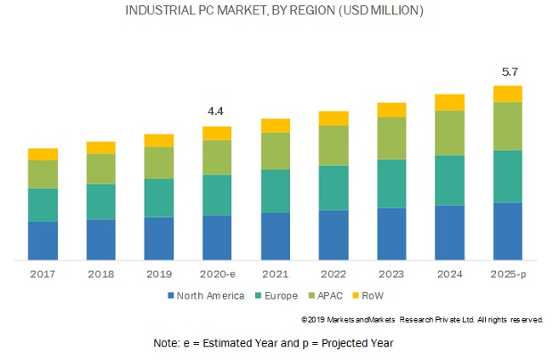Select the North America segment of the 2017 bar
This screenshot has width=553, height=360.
coord(43,240)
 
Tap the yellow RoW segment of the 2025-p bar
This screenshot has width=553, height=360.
coord(507,94)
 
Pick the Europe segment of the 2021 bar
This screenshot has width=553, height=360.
coord(276,191)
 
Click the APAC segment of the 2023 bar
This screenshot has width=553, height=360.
coord(391,138)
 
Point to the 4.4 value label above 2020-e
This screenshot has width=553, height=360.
coord(216,111)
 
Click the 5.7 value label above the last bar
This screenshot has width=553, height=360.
coord(507,71)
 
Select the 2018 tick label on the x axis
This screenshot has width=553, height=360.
coord(100,273)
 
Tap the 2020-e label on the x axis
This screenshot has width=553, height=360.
coord(216,273)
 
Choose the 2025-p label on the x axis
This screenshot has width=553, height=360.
coord(507,273)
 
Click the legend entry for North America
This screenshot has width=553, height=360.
coord(204,295)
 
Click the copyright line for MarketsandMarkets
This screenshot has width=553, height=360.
coord(422,319)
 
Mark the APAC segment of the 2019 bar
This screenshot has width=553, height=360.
coord(159,163)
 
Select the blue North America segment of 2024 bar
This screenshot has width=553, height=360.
coord(449,232)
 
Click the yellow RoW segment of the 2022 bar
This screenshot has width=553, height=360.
coord(334,118)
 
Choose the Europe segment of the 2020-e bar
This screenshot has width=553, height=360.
coord(216,195)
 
